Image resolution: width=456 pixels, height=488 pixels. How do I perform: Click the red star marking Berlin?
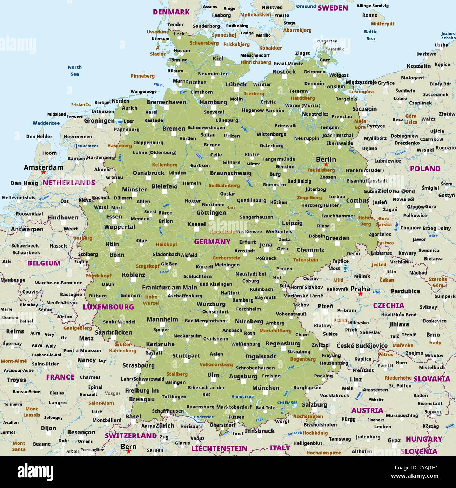[x=326, y=164]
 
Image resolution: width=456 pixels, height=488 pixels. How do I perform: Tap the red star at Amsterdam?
[x=43, y=172]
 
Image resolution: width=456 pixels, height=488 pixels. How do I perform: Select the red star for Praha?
[x=360, y=294]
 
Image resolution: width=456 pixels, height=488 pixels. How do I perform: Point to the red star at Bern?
[x=129, y=451]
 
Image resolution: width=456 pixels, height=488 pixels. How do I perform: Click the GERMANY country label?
[x=212, y=242]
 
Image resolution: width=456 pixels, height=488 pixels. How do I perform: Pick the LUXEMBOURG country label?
[x=108, y=307]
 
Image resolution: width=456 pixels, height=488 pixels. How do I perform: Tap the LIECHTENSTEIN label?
[x=219, y=448]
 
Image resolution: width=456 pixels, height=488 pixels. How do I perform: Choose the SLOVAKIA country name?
[x=431, y=379]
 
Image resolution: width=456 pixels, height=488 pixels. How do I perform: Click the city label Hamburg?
[x=213, y=102]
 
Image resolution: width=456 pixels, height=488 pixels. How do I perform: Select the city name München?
[x=266, y=388]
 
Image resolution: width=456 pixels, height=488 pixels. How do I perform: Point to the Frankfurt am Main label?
[x=169, y=287]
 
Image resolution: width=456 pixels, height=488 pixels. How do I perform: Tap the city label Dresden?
[x=337, y=238]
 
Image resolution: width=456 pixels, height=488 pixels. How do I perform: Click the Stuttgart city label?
[x=186, y=356]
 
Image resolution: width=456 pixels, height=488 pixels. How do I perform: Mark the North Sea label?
[x=75, y=71]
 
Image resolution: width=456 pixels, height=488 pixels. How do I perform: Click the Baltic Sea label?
[x=371, y=35]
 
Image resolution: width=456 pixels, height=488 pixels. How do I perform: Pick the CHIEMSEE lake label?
[x=287, y=403]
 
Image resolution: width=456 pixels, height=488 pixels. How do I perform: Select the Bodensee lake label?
[x=203, y=417]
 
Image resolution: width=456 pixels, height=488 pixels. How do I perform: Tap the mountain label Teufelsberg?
[x=321, y=170]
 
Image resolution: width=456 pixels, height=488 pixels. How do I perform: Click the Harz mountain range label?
[x=231, y=207]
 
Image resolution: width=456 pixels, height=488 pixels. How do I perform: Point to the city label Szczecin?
[x=364, y=109]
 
